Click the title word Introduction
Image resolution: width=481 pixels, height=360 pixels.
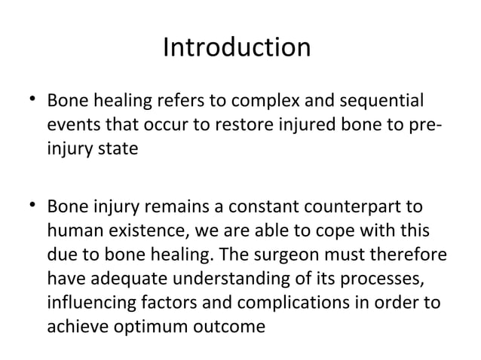pyautogui.click(x=237, y=49)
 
